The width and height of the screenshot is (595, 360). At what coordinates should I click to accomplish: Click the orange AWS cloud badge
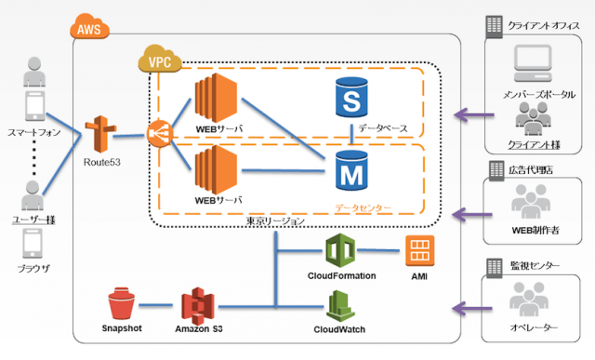pyautogui.click(x=89, y=27)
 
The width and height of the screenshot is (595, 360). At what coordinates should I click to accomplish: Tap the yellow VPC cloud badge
pyautogui.click(x=160, y=59)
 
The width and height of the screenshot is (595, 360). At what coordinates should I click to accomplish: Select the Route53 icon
pyautogui.click(x=100, y=134)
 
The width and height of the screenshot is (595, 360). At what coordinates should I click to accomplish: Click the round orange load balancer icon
pyautogui.click(x=160, y=134)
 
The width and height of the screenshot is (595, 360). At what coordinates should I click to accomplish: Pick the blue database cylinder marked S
pyautogui.click(x=351, y=98)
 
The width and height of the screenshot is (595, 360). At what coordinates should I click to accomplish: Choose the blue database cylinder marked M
pyautogui.click(x=351, y=170)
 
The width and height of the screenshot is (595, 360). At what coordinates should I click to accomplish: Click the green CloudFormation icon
pyautogui.click(x=340, y=250)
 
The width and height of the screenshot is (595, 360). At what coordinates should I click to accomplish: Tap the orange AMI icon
pyautogui.click(x=419, y=250)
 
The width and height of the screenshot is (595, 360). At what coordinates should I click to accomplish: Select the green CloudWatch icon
pyautogui.click(x=340, y=306)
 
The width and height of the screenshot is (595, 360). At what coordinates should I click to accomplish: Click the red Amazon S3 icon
pyautogui.click(x=198, y=306)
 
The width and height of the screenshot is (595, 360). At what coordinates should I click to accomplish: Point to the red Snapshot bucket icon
pyautogui.click(x=122, y=303)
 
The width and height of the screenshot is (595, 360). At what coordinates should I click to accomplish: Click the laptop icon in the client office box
pyautogui.click(x=533, y=63)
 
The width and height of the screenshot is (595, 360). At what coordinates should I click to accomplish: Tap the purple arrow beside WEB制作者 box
pyautogui.click(x=472, y=215)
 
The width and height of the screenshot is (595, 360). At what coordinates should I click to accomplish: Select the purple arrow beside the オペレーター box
pyautogui.click(x=472, y=308)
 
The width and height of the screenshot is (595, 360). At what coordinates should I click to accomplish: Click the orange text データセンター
pyautogui.click(x=363, y=208)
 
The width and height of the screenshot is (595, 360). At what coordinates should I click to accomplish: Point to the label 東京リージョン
pyautogui.click(x=275, y=220)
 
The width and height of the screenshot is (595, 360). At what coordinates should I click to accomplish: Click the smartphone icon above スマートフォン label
pyautogui.click(x=35, y=106)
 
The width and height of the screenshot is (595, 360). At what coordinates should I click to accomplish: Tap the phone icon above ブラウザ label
pyautogui.click(x=33, y=244)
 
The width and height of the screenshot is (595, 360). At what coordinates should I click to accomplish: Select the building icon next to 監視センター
pyautogui.click(x=494, y=268)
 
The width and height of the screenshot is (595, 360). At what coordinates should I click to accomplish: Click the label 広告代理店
pyautogui.click(x=531, y=170)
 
